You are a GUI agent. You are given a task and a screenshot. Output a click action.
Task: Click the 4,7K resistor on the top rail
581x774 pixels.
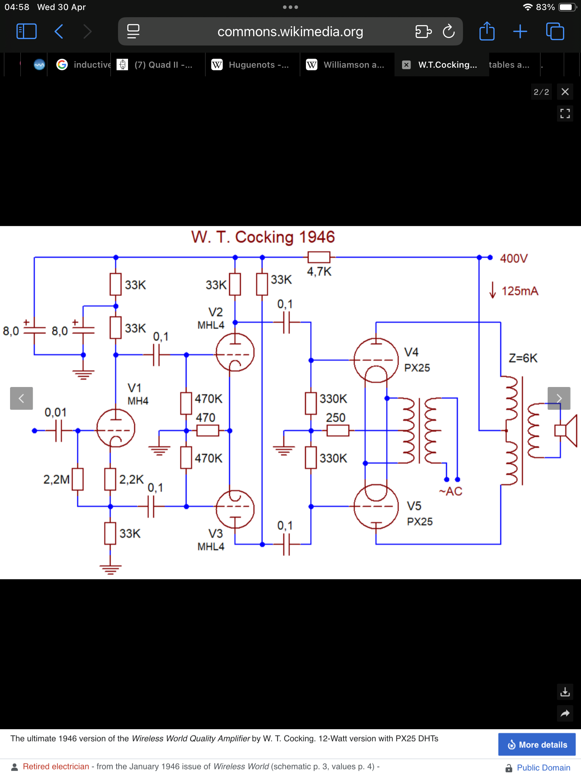(319, 257)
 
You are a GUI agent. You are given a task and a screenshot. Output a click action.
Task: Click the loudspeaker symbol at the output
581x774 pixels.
(566, 430)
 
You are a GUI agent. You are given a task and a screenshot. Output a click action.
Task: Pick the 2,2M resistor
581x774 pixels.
(77, 479)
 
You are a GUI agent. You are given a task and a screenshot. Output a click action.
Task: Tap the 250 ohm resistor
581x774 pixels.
(338, 430)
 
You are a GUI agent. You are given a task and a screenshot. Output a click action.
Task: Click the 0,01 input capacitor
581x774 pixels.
(59, 430)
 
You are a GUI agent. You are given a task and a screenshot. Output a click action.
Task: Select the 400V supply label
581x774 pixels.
(514, 258)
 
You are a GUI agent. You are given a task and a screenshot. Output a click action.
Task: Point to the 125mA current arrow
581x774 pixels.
(493, 290)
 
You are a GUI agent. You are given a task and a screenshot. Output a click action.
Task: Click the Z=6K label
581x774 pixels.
(523, 358)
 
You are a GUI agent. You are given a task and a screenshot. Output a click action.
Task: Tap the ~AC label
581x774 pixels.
(451, 491)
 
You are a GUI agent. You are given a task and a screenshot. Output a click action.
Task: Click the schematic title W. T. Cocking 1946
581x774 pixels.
(263, 237)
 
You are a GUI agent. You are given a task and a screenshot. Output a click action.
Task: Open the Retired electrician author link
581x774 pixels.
(56, 766)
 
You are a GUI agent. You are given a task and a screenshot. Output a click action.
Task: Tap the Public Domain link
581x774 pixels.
(543, 768)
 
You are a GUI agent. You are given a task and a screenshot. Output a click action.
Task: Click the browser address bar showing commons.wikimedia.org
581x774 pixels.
(290, 32)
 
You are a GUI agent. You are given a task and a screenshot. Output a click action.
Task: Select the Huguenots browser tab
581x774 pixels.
(252, 64)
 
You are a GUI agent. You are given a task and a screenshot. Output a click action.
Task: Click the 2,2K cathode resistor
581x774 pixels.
(110, 479)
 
